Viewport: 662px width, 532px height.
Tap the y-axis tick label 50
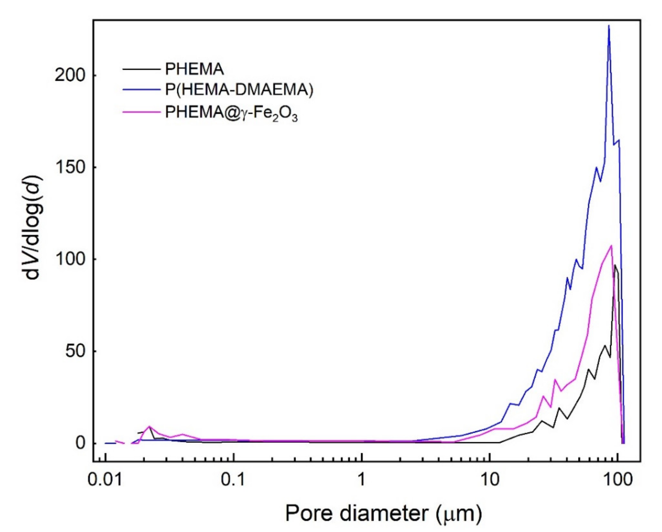75,351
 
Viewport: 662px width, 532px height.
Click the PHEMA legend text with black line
194,69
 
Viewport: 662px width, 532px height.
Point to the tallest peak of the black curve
615,265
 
